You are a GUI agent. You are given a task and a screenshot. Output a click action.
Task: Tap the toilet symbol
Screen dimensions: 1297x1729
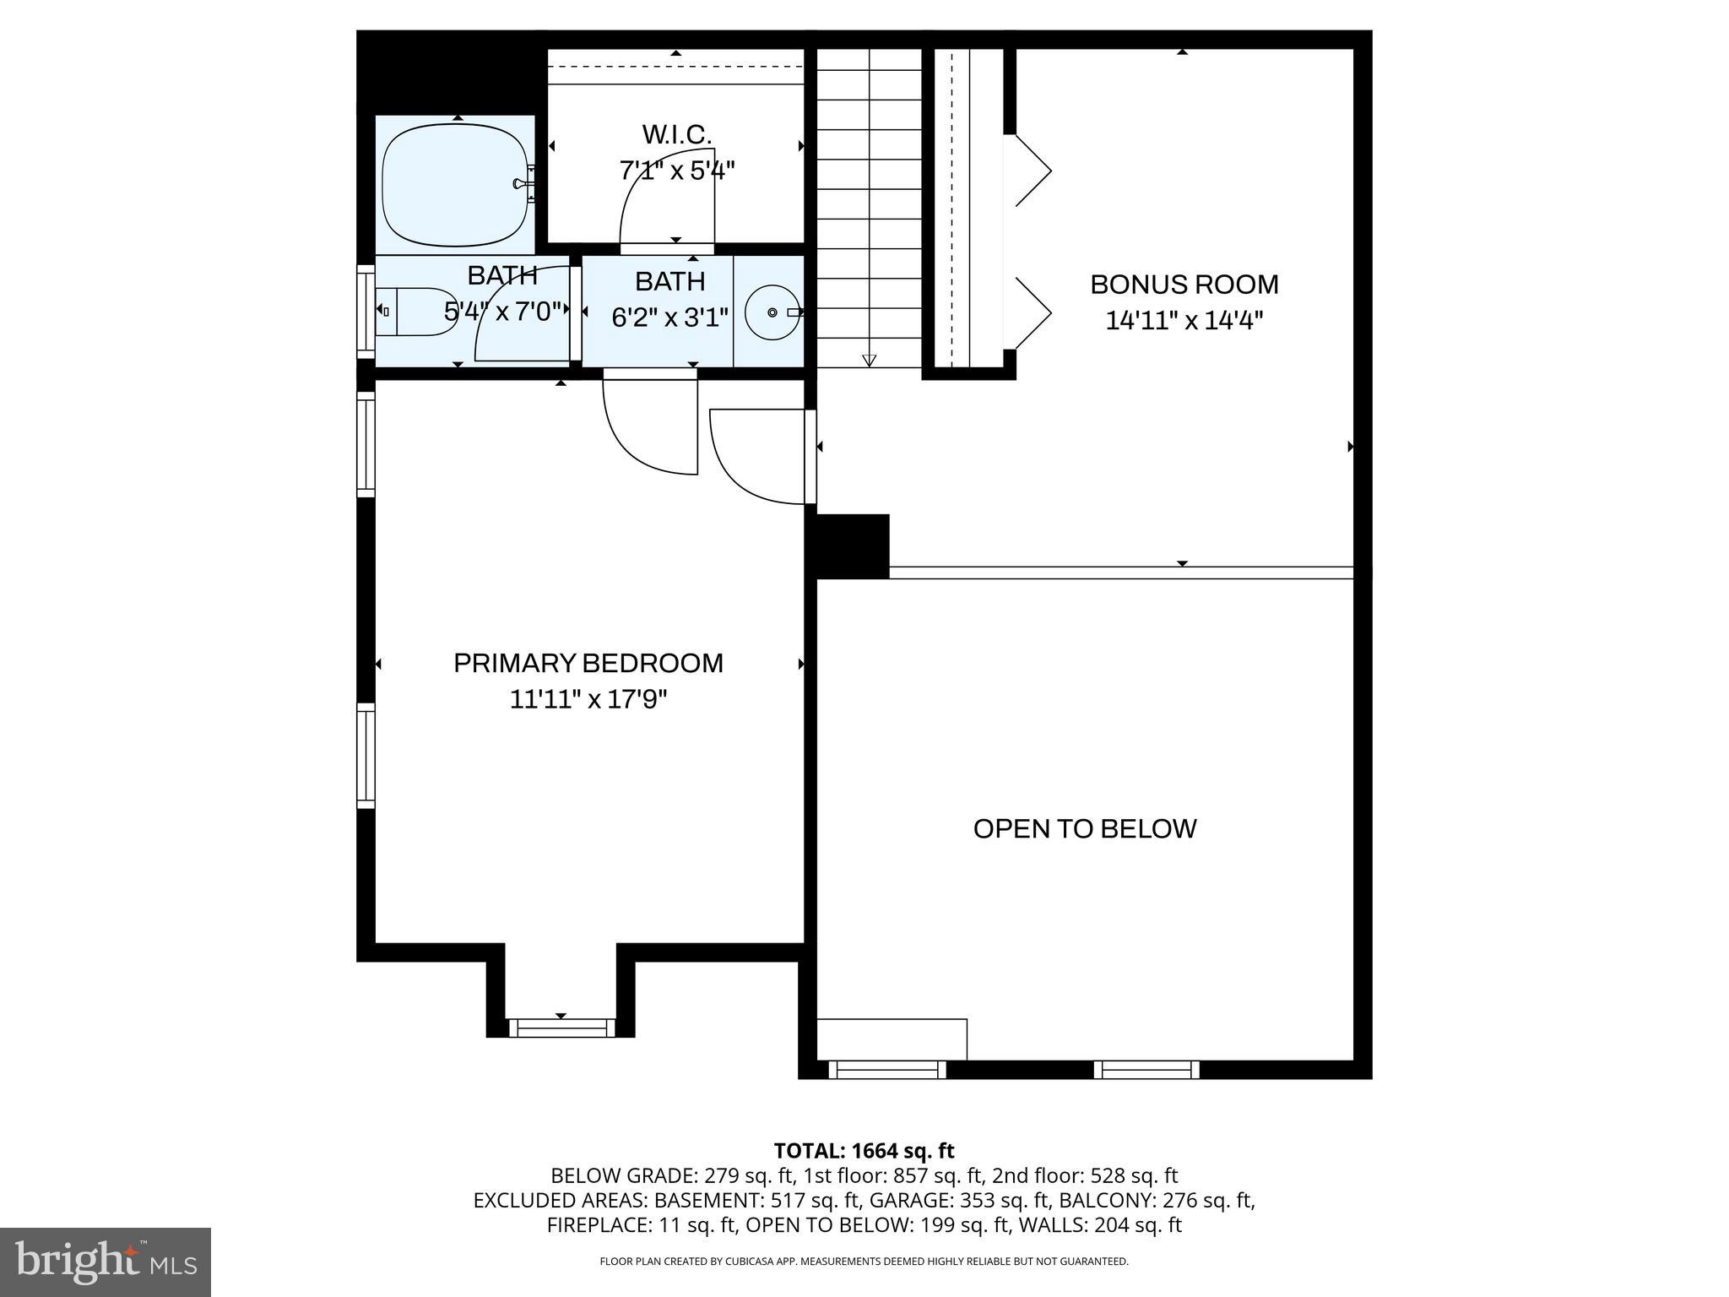(x=416, y=312)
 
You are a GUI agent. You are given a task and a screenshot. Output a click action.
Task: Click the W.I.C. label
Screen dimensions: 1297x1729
(x=676, y=134)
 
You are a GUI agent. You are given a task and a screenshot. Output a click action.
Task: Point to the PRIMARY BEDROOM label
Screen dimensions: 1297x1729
(x=588, y=663)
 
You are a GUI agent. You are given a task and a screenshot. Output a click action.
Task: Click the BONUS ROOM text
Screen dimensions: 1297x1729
(x=1184, y=285)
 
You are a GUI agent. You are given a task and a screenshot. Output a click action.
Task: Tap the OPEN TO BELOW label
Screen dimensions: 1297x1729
(x=1084, y=828)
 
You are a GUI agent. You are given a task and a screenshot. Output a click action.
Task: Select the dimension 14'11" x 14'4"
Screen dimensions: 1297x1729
(x=1184, y=321)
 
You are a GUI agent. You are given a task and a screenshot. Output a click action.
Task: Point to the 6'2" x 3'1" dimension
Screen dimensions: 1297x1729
(x=669, y=317)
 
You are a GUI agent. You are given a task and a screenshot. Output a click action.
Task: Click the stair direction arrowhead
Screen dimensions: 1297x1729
(x=869, y=361)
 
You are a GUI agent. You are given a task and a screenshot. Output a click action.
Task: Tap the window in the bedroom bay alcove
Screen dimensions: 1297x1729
(x=561, y=1028)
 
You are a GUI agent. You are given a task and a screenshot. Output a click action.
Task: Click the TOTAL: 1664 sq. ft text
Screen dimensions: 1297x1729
(x=864, y=1151)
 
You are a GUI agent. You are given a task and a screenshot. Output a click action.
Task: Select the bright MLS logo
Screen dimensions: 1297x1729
(x=106, y=1262)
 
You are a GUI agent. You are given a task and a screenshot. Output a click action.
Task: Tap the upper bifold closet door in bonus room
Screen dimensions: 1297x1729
(x=1032, y=171)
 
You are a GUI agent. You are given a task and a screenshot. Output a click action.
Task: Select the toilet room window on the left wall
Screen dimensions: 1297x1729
(x=366, y=311)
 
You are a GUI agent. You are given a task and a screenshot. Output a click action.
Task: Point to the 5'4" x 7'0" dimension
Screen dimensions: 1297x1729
(x=502, y=312)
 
